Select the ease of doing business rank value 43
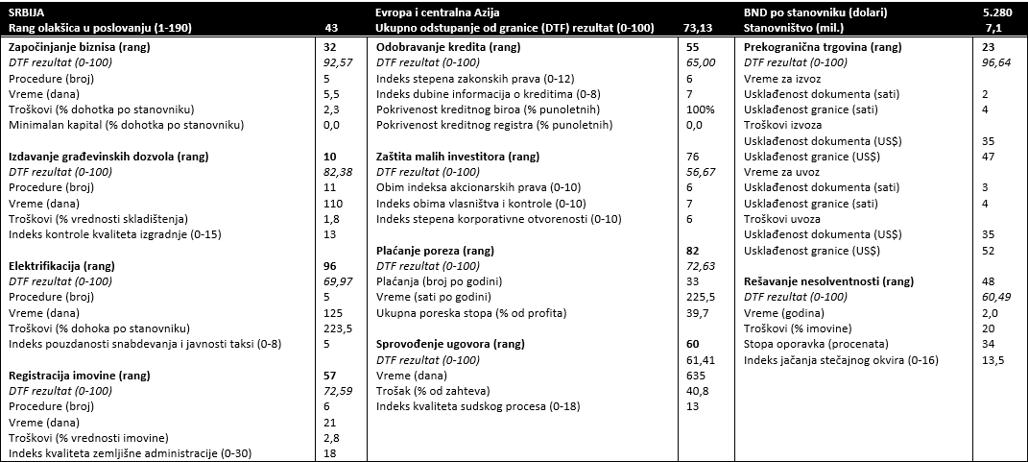331,29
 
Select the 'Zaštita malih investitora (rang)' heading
458,157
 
